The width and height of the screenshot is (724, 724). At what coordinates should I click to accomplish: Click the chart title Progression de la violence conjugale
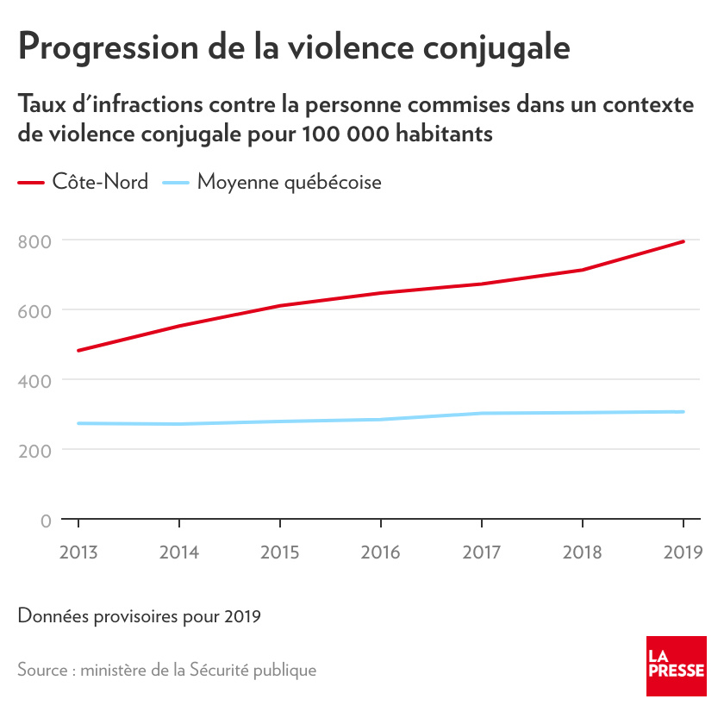[x=294, y=47]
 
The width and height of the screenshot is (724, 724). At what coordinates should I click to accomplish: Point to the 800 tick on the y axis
[x=34, y=240]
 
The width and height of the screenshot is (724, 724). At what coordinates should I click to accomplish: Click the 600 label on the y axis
[x=34, y=310]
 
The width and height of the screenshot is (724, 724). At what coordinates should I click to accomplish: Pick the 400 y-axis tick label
[x=34, y=380]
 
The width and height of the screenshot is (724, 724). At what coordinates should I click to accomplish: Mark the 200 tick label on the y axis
[x=34, y=450]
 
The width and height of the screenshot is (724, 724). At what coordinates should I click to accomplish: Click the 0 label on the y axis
[x=45, y=520]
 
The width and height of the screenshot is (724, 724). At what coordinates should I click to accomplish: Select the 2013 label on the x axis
[x=78, y=552]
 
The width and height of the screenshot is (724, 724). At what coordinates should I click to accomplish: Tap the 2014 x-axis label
[x=178, y=552]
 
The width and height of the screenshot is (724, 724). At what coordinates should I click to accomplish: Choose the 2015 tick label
[x=279, y=552]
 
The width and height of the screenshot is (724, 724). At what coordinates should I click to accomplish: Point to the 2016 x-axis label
[x=380, y=552]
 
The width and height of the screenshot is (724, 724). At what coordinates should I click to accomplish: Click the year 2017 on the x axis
[x=481, y=552]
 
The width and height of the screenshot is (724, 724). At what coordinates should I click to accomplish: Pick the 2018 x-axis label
[x=582, y=552]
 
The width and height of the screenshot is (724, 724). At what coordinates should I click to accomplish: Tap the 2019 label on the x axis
[x=683, y=552]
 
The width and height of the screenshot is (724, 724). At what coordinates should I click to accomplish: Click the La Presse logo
[x=677, y=666]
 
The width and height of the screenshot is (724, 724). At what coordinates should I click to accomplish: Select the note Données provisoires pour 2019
[x=139, y=616]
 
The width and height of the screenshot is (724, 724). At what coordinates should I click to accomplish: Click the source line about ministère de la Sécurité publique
[x=166, y=670]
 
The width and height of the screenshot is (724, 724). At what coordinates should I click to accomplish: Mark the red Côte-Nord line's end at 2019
[x=683, y=241]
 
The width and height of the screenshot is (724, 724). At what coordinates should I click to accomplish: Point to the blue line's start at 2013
[x=78, y=423]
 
